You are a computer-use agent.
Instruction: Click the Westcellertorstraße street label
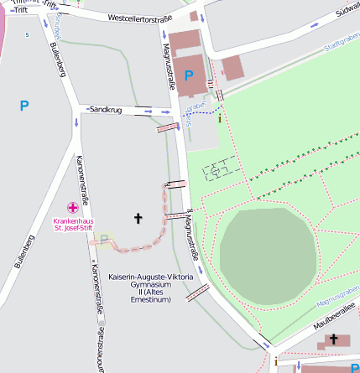tap(140, 18)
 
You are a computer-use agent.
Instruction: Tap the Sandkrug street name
tap(105, 110)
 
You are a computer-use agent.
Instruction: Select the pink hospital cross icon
tap(74, 207)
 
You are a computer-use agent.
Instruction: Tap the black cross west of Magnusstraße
tap(138, 218)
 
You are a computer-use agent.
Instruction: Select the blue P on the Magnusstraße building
tap(189, 75)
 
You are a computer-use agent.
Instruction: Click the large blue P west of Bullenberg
tap(23, 106)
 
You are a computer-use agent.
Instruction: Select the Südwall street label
tap(347, 10)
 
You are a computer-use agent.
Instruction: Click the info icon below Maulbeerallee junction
tap(275, 361)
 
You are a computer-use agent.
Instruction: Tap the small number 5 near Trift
tap(27, 34)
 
